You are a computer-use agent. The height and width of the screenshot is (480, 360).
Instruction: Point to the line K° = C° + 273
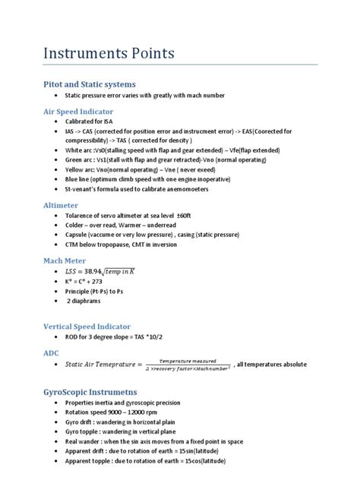point(89,281)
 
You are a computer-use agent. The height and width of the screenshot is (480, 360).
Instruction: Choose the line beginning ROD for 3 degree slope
point(119,336)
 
